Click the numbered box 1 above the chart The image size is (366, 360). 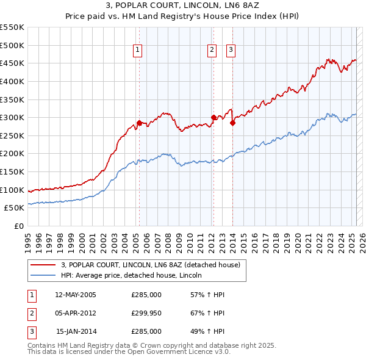(137, 51)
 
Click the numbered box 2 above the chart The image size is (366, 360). (212, 51)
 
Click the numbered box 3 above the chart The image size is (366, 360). (231, 51)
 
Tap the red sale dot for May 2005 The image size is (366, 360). (139, 123)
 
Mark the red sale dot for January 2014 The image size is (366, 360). (232, 123)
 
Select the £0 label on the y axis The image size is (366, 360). (18, 226)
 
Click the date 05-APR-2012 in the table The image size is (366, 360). (75, 313)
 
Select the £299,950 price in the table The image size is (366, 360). (146, 313)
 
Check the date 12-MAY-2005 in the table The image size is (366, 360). (75, 295)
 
